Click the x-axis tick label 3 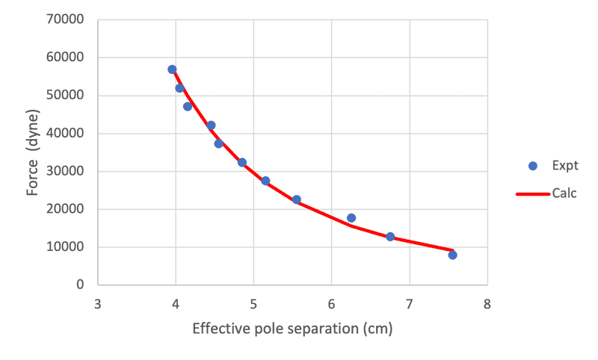(x=98, y=304)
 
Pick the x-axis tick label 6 (x=331, y=304)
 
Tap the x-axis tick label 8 (x=487, y=304)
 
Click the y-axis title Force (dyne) (x=33, y=152)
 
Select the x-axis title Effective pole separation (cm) (x=292, y=329)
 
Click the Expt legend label (x=565, y=166)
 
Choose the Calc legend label (x=564, y=193)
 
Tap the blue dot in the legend (x=532, y=166)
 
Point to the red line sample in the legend (x=531, y=194)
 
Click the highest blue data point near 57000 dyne (x=172, y=69)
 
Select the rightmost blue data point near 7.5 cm (x=452, y=255)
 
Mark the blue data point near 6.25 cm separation (x=351, y=218)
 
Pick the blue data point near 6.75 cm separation (x=390, y=237)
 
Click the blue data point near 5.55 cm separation (x=297, y=199)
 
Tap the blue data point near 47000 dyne (x=188, y=106)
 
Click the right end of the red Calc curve (x=452, y=250)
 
